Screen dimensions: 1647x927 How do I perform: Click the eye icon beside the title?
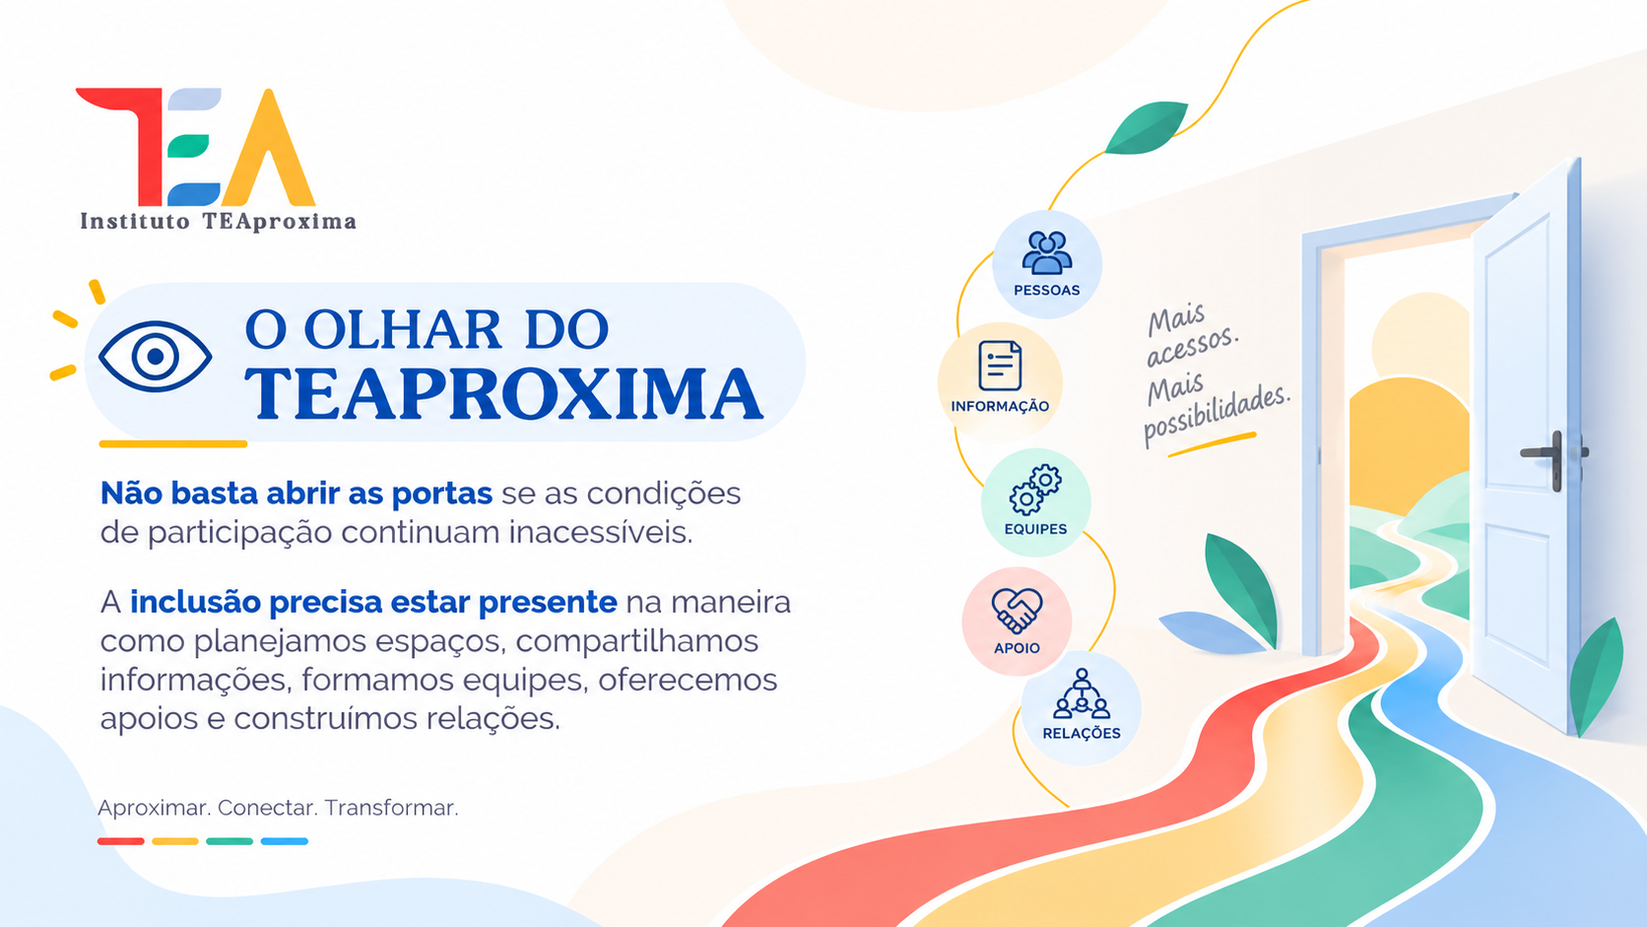[x=155, y=357]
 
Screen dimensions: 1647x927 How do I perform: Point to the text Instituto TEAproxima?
[x=219, y=222]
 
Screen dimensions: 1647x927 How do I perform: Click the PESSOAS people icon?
[x=1047, y=252]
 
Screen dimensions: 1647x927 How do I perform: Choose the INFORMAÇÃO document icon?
[x=1000, y=365]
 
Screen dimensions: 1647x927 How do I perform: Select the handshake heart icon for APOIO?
[x=1017, y=610]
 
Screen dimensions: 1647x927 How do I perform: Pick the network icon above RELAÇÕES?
[x=1081, y=694]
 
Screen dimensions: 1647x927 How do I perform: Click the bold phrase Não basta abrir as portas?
[x=296, y=494]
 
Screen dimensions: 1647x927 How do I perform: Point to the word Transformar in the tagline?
[x=391, y=808]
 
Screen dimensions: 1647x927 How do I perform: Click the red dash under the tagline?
[x=120, y=841]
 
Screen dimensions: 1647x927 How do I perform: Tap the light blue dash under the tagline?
[x=285, y=841]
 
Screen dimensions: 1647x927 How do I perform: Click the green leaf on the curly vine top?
[x=1146, y=127]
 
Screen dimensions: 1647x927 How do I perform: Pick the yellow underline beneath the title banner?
[x=172, y=444]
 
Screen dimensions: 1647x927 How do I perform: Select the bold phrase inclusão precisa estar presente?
[x=373, y=602]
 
